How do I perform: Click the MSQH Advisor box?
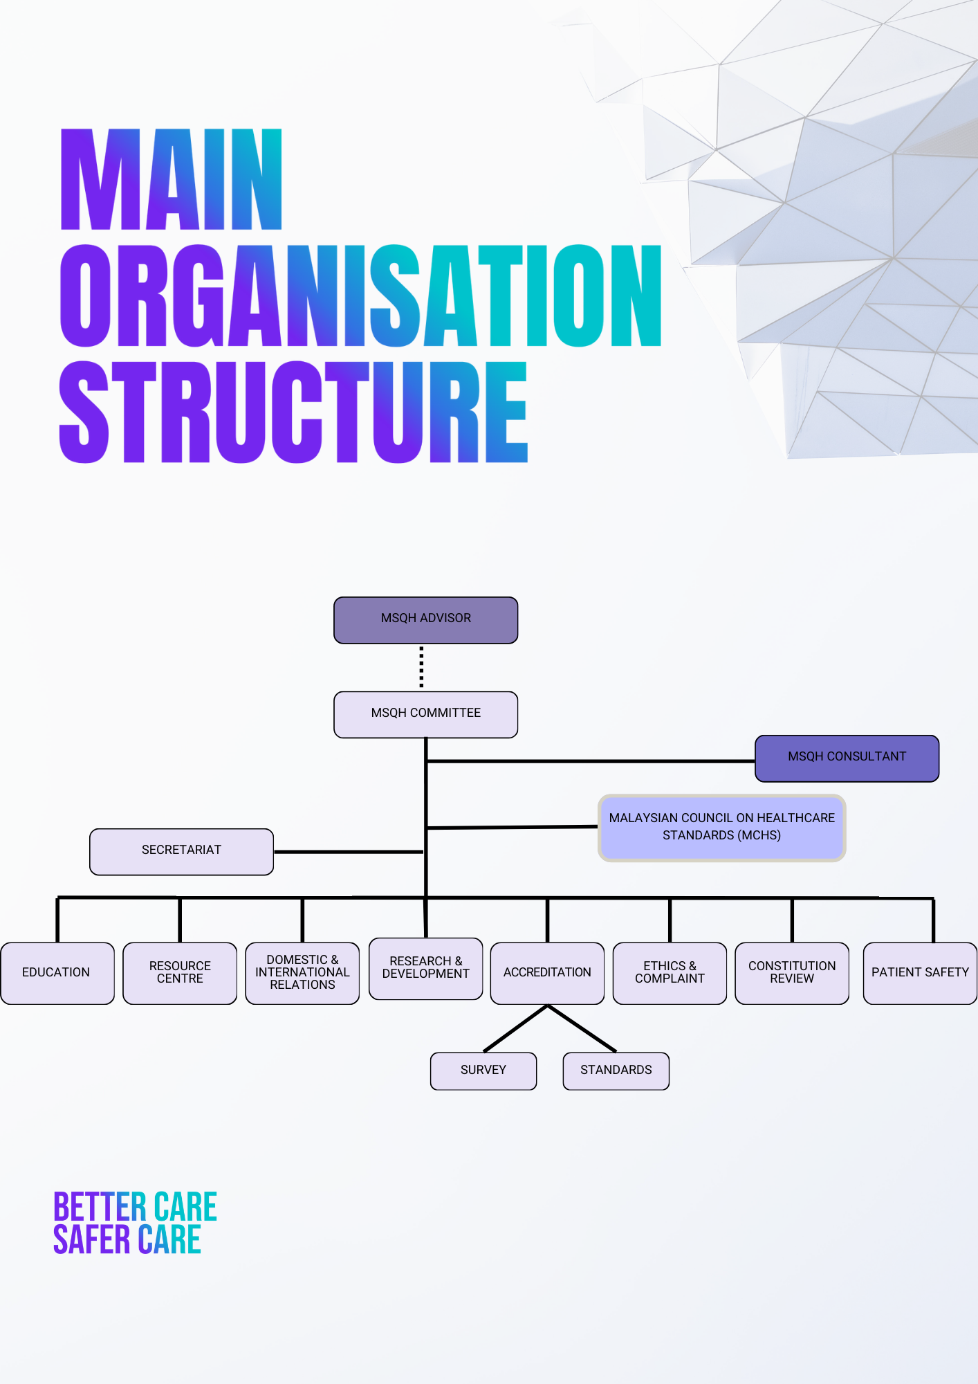click(425, 620)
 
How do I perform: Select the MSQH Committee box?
click(425, 714)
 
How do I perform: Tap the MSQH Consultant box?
click(847, 758)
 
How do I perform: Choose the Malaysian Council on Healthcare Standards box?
click(721, 828)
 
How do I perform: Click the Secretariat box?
click(181, 851)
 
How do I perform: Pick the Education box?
click(57, 973)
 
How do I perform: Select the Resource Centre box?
click(180, 973)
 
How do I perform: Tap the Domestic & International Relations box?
click(302, 973)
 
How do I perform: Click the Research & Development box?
click(425, 968)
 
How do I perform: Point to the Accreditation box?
click(547, 973)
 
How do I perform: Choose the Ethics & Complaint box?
click(670, 973)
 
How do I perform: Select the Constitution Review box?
click(792, 973)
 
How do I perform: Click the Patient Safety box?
click(920, 973)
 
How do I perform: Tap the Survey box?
click(483, 1071)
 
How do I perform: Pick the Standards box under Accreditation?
click(616, 1071)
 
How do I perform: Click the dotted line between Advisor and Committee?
click(421, 667)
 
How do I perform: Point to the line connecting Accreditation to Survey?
click(515, 1028)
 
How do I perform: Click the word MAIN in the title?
click(172, 180)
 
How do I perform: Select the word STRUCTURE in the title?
click(293, 412)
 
